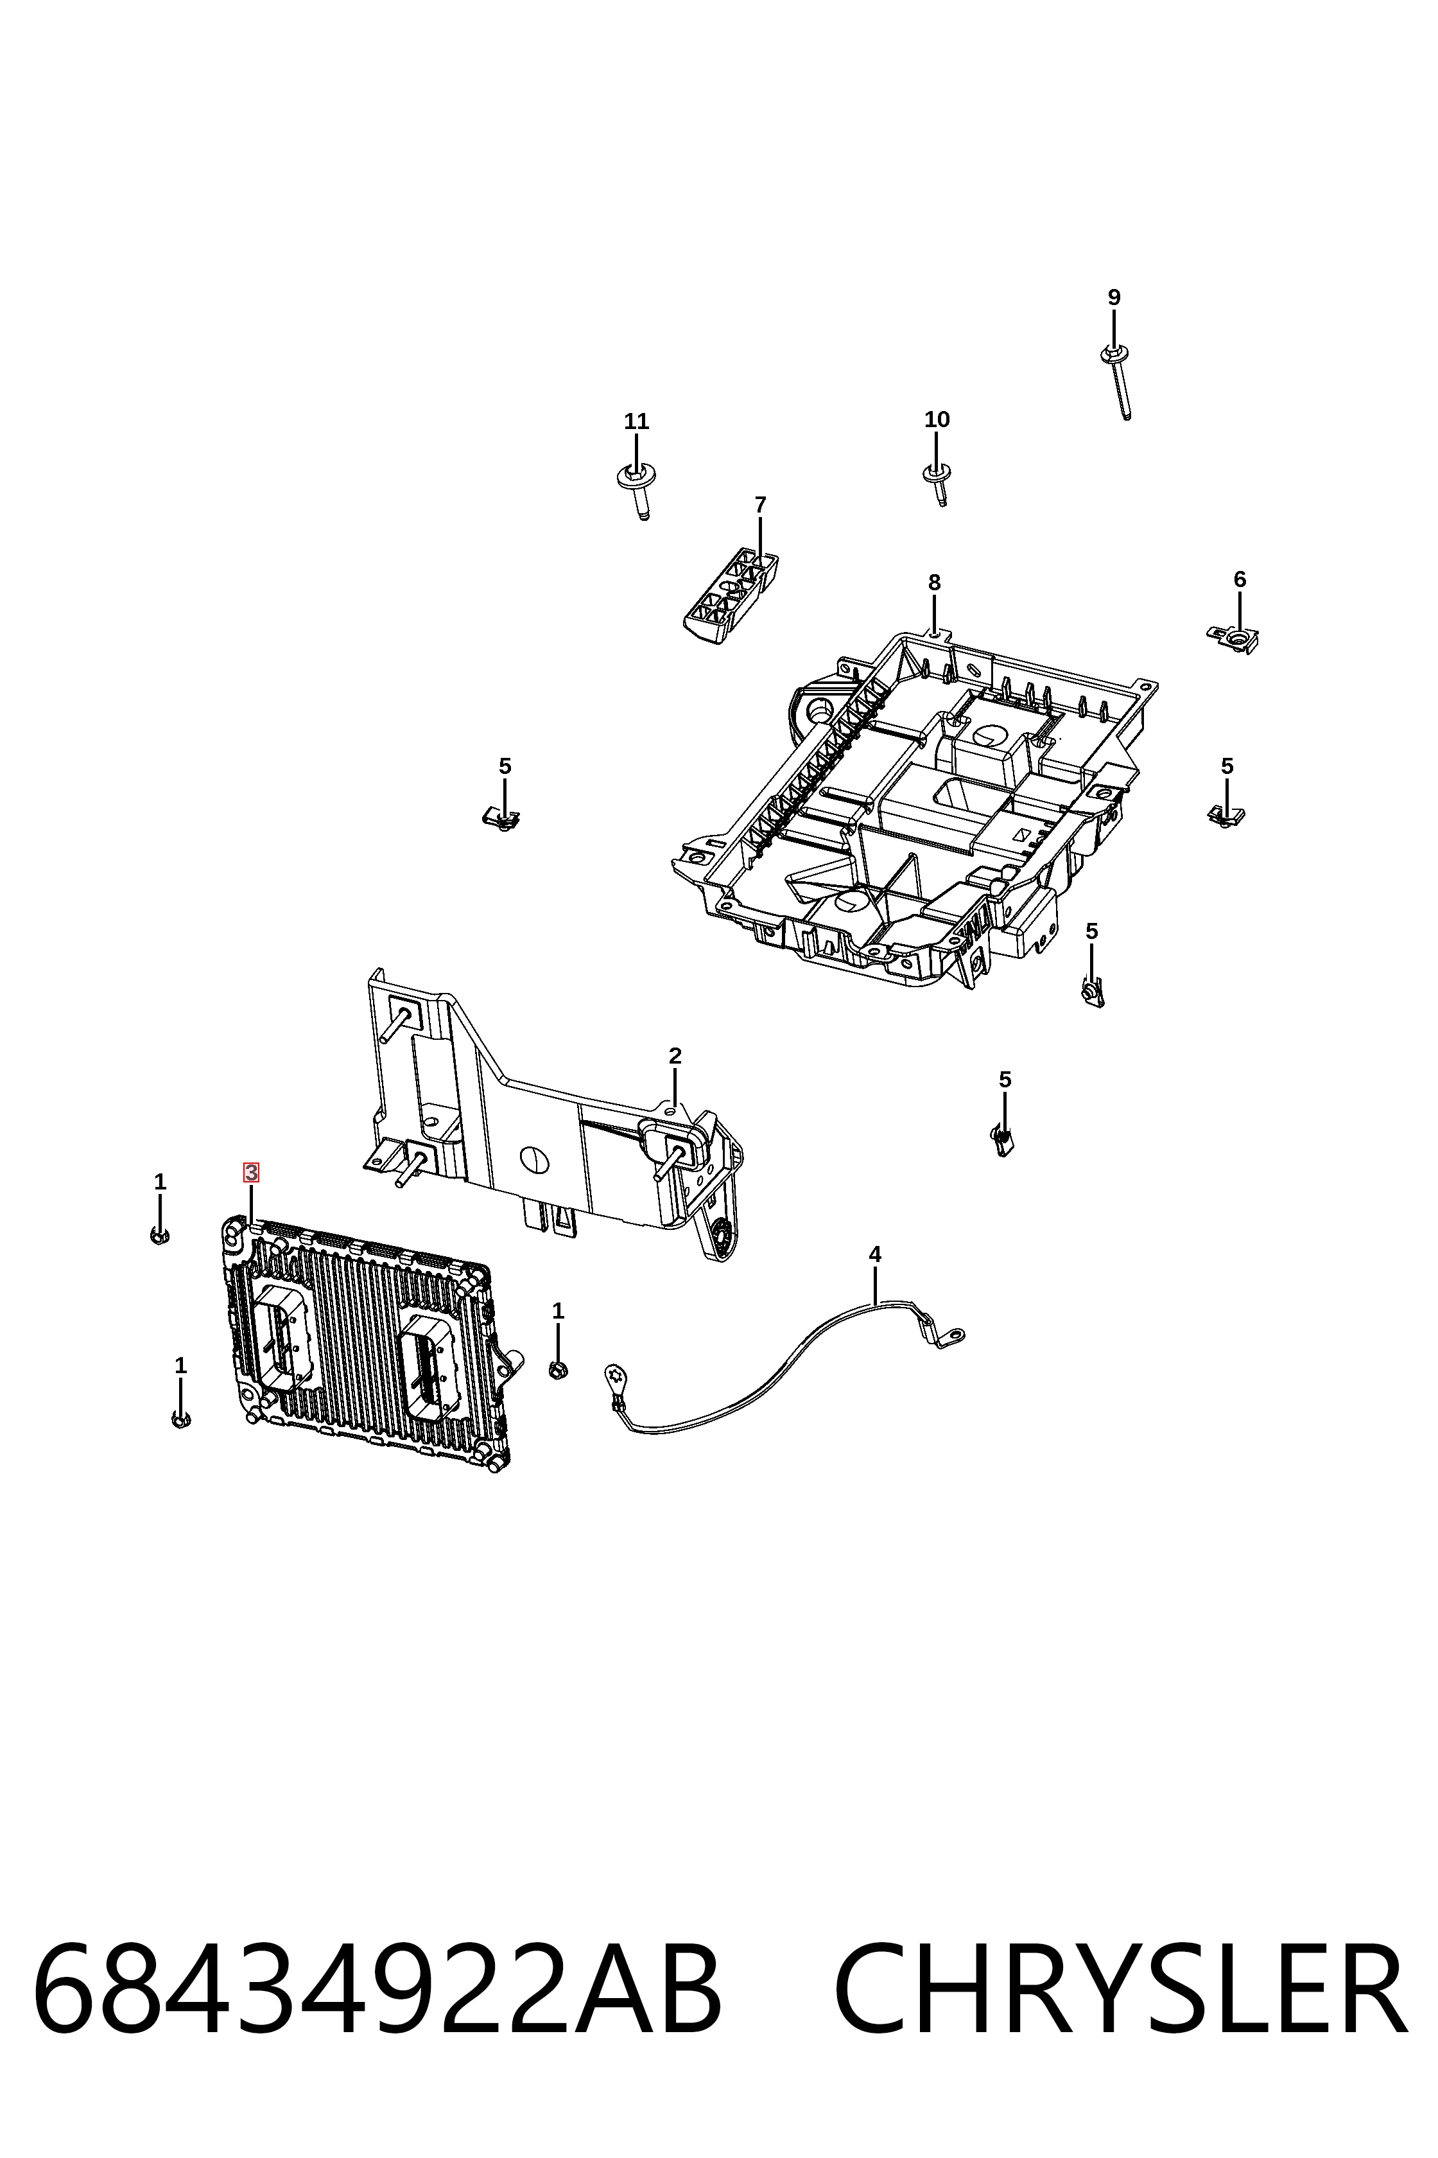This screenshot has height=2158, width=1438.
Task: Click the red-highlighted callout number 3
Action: (x=250, y=1173)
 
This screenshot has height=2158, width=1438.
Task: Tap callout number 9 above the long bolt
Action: (x=1114, y=297)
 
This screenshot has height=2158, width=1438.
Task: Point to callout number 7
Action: (x=760, y=505)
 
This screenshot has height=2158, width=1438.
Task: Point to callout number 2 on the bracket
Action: (x=675, y=1056)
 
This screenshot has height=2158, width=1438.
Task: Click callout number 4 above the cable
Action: (x=875, y=1254)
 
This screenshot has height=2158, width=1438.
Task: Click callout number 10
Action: (x=937, y=419)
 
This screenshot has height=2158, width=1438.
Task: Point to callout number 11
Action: (x=636, y=421)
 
